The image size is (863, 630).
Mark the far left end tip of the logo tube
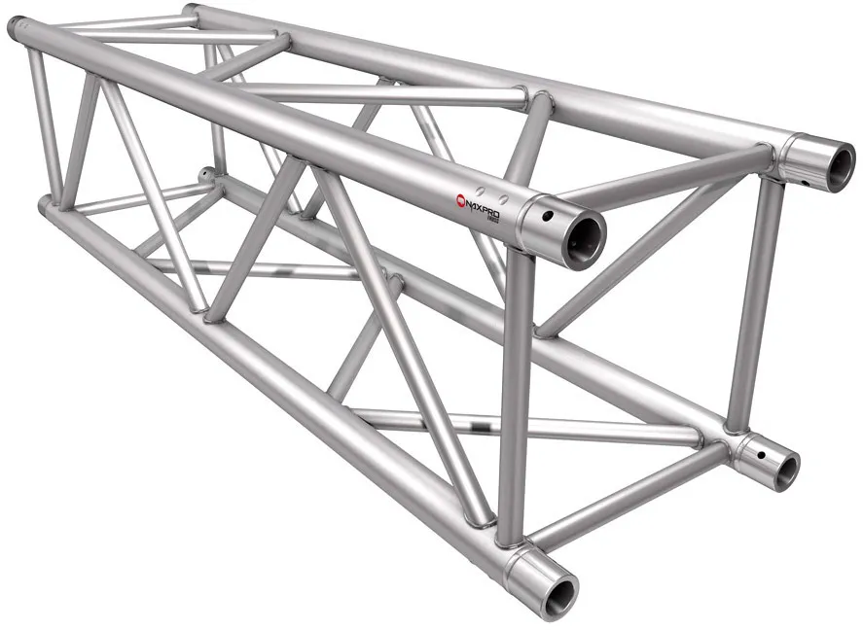[x=17, y=28]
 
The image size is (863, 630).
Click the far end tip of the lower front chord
[x=45, y=206]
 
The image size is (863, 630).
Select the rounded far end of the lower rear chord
[x=205, y=176]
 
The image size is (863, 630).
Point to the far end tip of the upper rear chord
[x=190, y=11]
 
